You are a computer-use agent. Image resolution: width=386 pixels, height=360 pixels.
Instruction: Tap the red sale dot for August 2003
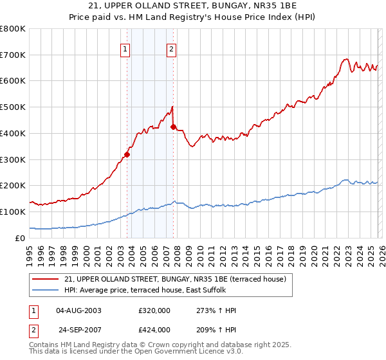pyautogui.click(x=127, y=154)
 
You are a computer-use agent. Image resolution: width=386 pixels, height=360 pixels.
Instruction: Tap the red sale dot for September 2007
pyautogui.click(x=174, y=127)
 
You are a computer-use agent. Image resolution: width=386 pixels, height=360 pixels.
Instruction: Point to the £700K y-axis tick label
pyautogui.click(x=13, y=55)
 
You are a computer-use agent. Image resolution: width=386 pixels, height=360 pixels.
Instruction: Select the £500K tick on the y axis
pyautogui.click(x=13, y=107)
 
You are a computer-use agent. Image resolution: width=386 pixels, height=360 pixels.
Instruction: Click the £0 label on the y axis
pyautogui.click(x=21, y=238)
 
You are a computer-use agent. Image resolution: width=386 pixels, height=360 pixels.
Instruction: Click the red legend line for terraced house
pyautogui.click(x=47, y=279)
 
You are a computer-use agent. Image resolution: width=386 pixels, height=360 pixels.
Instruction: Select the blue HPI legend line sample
pyautogui.click(x=47, y=290)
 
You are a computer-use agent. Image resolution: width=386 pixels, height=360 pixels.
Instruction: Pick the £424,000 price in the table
pyautogui.click(x=154, y=330)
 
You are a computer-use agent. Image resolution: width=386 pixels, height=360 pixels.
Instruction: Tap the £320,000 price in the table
pyautogui.click(x=154, y=310)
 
